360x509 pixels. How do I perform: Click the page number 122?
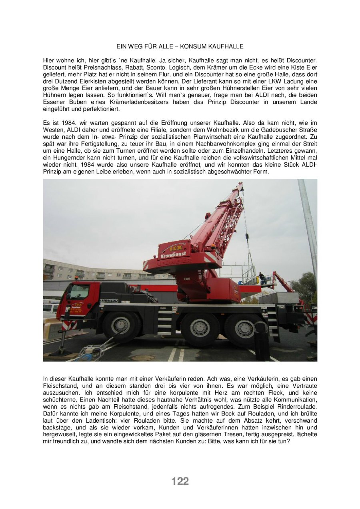180,481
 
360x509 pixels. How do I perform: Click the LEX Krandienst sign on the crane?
174,251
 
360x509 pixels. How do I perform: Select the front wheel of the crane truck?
121,325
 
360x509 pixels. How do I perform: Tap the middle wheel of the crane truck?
200,328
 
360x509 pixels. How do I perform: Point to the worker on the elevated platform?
262,278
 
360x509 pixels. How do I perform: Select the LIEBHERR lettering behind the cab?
109,300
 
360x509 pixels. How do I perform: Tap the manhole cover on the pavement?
143,357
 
